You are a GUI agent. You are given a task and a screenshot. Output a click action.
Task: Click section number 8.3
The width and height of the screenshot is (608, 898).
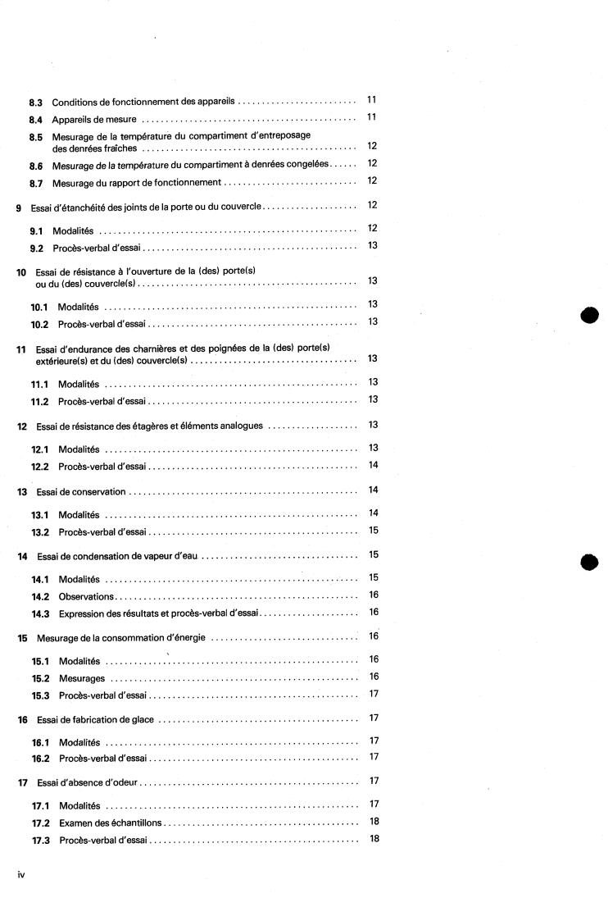click(x=35, y=103)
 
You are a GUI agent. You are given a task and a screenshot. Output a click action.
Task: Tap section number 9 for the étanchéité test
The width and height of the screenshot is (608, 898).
click(x=19, y=207)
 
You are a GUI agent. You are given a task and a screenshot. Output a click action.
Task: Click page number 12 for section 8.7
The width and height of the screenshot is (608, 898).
click(x=372, y=181)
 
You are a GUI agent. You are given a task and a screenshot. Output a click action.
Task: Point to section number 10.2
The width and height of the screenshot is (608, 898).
click(x=41, y=324)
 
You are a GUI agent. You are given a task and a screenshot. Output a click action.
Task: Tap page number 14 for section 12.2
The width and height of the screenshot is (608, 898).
click(x=372, y=465)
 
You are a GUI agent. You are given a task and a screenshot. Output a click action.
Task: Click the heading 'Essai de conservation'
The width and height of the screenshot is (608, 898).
click(x=81, y=492)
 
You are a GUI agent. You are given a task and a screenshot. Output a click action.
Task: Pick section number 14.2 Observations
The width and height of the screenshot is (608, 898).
click(x=41, y=596)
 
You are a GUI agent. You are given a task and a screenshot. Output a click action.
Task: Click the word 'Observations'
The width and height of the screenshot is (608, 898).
click(x=86, y=596)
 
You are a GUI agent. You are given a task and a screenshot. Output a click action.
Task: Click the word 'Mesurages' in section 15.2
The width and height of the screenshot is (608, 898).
click(x=82, y=678)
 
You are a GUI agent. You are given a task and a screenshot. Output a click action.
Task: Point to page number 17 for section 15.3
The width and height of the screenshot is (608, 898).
click(x=373, y=694)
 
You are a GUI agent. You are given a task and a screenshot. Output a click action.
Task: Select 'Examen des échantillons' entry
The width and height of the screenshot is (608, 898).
click(x=110, y=822)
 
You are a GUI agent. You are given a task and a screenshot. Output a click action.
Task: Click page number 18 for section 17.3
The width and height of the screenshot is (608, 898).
click(x=373, y=838)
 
